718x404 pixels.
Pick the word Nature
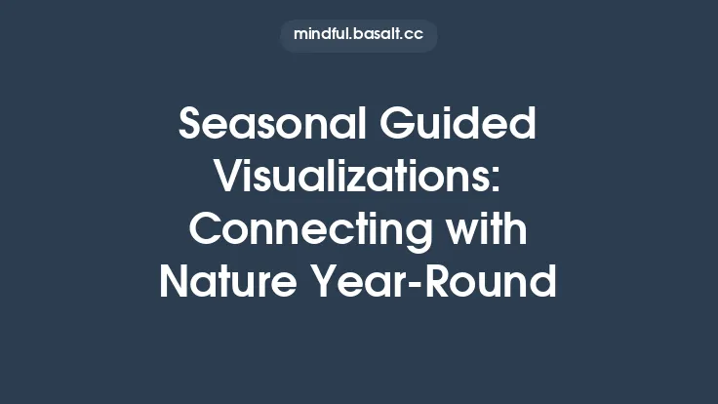[x=223, y=284]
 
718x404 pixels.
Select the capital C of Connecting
[x=206, y=231]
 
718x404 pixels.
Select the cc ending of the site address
[x=414, y=36]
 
